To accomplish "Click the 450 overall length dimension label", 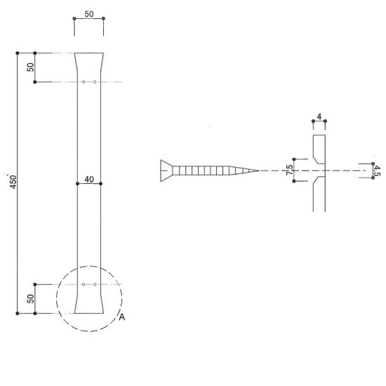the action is tap(13, 182).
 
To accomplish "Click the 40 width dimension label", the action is tap(89, 180).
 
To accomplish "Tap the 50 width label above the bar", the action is tap(89, 14).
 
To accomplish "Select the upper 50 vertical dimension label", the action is tap(30, 67).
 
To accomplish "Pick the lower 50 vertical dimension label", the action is tap(30, 299).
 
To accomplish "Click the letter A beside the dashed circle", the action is tap(122, 317).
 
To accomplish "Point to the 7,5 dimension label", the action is tap(290, 170).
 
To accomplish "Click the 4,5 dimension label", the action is tap(377, 171).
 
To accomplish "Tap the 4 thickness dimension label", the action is tap(319, 117).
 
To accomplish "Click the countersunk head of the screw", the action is tap(166, 171).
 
